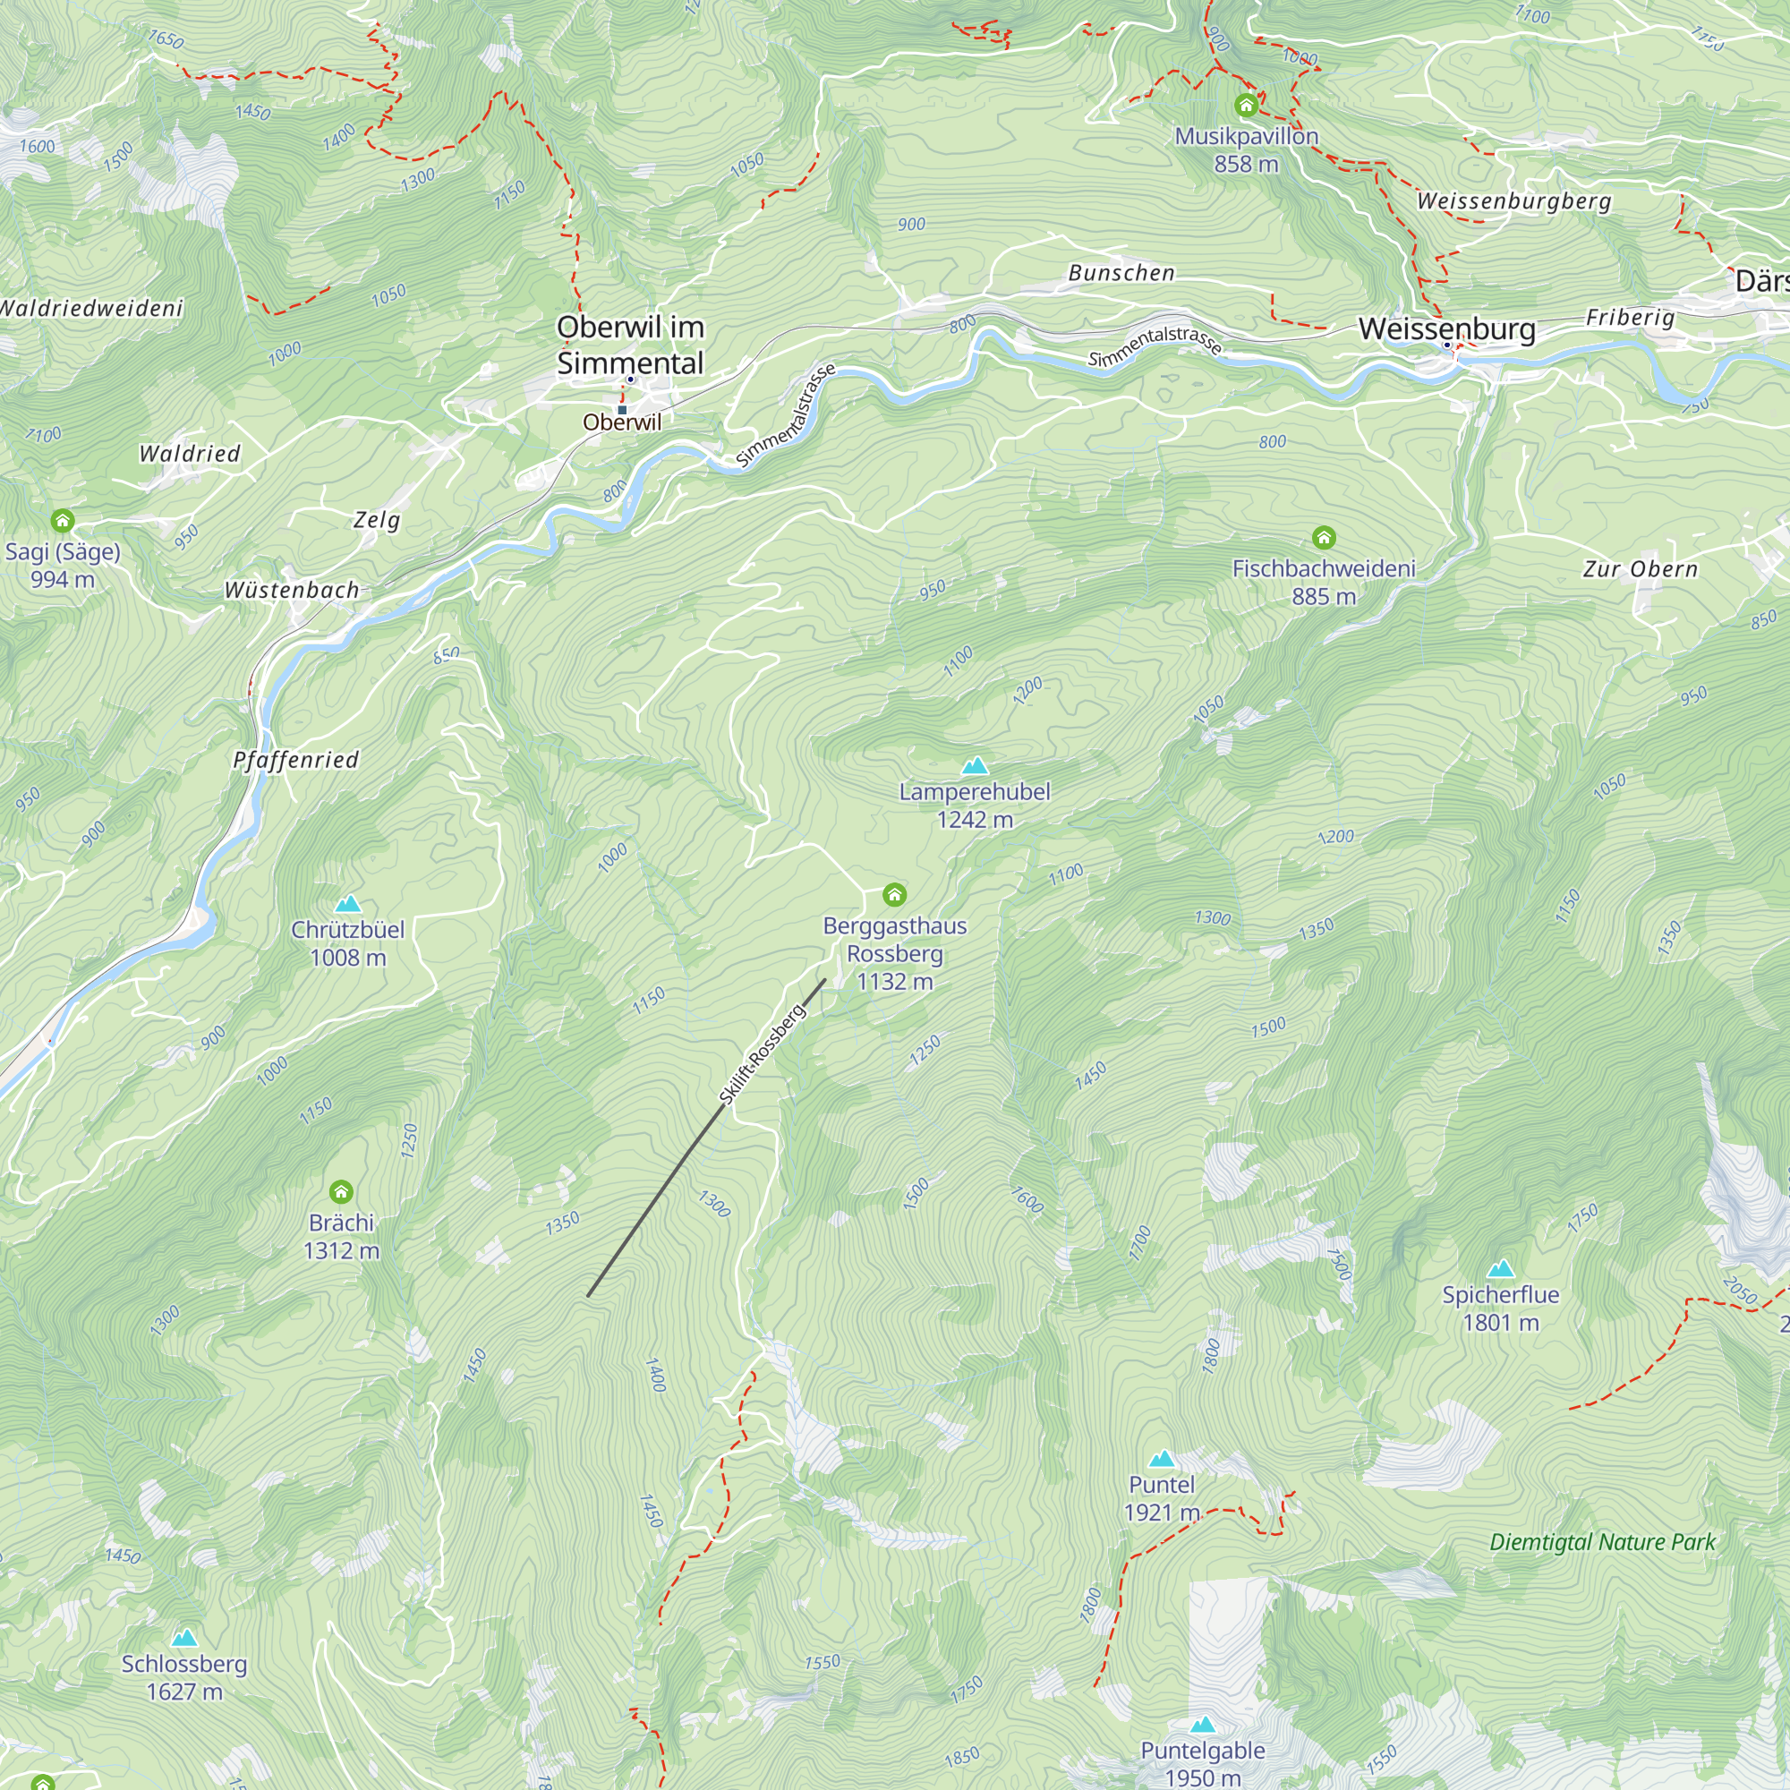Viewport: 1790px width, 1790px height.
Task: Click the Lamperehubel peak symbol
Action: [975, 766]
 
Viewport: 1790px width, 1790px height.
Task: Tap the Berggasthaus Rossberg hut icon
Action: [894, 894]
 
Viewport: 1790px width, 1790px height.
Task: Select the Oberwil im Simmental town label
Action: [631, 345]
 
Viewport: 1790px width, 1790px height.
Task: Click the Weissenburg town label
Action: [1446, 328]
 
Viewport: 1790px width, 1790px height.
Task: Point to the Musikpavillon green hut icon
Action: [1246, 106]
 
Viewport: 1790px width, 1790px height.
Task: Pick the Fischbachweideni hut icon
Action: [1324, 537]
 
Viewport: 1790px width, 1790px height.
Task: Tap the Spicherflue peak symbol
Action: [1500, 1268]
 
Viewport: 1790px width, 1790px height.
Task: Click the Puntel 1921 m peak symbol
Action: [1162, 1459]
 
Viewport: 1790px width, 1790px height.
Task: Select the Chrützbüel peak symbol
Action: [347, 904]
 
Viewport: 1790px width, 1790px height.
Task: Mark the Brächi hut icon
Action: [341, 1191]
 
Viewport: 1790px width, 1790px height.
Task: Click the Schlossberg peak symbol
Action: [184, 1638]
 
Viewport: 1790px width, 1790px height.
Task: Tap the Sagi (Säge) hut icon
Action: [62, 521]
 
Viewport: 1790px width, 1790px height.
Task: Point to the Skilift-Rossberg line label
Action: [763, 1053]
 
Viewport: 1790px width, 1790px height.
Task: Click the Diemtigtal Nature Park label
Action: [1602, 1543]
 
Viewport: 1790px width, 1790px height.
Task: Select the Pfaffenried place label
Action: [295, 761]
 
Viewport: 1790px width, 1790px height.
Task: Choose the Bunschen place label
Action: [1121, 273]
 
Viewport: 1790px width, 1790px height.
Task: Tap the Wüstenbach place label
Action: [292, 590]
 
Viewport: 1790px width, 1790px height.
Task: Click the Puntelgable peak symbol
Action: [1203, 1726]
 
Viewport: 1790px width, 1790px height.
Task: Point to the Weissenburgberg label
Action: [1514, 201]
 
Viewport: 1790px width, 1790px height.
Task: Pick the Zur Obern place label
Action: [1640, 569]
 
